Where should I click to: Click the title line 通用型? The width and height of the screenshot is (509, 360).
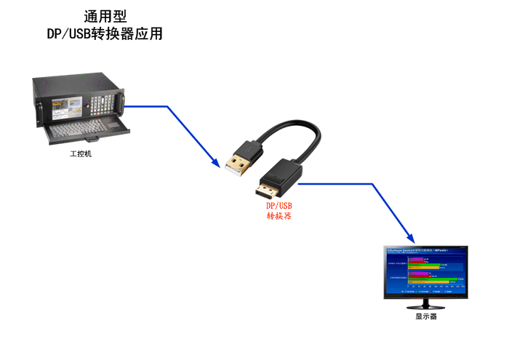click(101, 17)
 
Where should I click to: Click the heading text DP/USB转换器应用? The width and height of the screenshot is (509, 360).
click(101, 33)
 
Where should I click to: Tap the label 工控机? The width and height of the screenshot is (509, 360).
click(81, 154)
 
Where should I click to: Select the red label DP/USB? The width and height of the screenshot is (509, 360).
click(278, 206)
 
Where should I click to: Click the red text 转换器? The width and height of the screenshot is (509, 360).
click(278, 216)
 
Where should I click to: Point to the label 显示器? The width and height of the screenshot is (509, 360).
click(426, 316)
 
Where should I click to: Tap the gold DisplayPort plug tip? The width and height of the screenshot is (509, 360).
click(265, 193)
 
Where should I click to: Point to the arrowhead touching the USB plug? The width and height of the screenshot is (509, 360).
click(216, 164)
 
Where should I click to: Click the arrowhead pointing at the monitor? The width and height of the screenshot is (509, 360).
click(411, 239)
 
